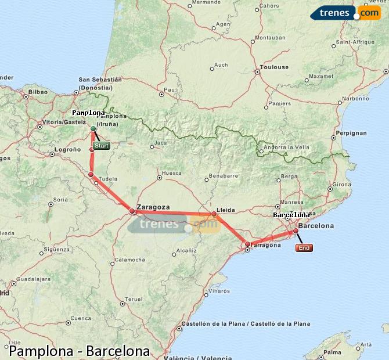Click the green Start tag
pyautogui.click(x=101, y=146)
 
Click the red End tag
pyautogui.click(x=304, y=248)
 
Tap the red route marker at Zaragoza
pyautogui.click(x=132, y=211)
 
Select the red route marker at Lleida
pyautogui.click(x=214, y=214)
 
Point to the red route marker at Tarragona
pyautogui.click(x=247, y=244)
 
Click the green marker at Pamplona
pyautogui.click(x=93, y=128)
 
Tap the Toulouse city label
pyautogui.click(x=275, y=67)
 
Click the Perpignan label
pyautogui.click(x=351, y=133)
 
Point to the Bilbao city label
pyautogui.click(x=37, y=92)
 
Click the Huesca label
pyautogui.click(x=171, y=173)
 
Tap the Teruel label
pyautogui.click(x=133, y=299)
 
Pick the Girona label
pyautogui.click(x=342, y=184)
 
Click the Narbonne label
pyautogui.click(x=355, y=99)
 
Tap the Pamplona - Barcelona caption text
pyautogui.click(x=79, y=351)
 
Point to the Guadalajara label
pyautogui.click(x=33, y=279)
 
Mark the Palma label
pyautogui.click(x=333, y=352)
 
